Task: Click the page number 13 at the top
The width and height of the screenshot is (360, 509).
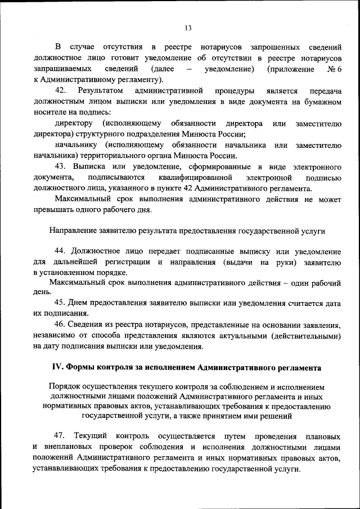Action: point(188,28)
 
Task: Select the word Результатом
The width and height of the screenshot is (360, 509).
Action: point(100,91)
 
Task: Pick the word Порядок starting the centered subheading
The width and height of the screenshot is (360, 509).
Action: point(65,387)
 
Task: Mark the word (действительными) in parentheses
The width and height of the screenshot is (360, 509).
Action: point(306,336)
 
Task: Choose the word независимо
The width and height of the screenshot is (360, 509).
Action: point(54,336)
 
